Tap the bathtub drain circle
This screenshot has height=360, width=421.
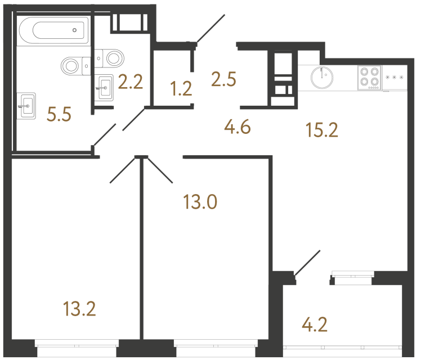[x=74, y=30]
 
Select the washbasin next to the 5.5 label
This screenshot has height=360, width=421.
[x=27, y=105]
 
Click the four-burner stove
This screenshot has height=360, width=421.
[x=369, y=78]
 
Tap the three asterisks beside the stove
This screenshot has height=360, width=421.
[x=395, y=77]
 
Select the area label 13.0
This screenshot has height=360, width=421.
[x=201, y=201]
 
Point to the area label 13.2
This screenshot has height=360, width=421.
[x=79, y=308]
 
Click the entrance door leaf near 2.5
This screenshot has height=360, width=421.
[x=210, y=29]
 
